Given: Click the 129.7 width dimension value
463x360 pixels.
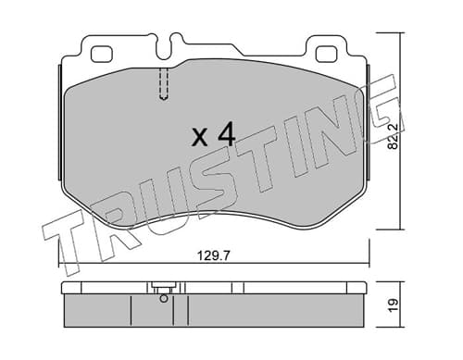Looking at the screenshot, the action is pyautogui.click(x=213, y=255).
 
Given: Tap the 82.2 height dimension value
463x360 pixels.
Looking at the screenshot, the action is pyautogui.click(x=393, y=137).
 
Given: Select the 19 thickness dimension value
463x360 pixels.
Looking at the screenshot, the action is pyautogui.click(x=394, y=304).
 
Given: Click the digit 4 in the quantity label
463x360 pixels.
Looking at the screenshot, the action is pyautogui.click(x=226, y=134).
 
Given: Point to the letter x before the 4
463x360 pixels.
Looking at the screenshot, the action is pyautogui.click(x=199, y=138).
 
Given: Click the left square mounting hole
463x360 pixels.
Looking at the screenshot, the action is pyautogui.click(x=101, y=54).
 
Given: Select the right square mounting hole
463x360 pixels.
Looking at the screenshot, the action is pyautogui.click(x=327, y=54).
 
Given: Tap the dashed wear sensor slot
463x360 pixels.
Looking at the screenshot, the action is pyautogui.click(x=164, y=83).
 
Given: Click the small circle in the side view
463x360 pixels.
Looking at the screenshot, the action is pyautogui.click(x=164, y=298).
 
